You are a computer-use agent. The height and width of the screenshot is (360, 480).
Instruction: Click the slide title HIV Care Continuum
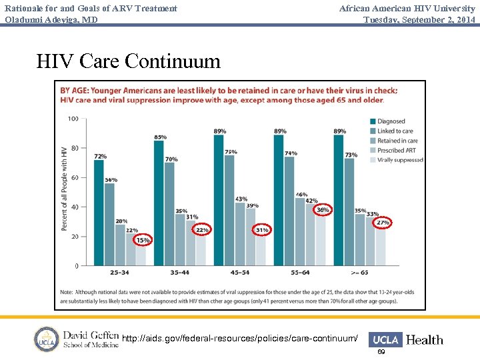[128, 61]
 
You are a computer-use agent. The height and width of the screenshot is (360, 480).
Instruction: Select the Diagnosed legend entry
[391, 121]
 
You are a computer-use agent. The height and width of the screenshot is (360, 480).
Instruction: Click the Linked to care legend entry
[395, 131]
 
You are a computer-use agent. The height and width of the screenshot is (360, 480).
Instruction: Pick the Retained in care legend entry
[397, 141]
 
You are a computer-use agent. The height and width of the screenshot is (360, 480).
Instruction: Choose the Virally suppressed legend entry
[399, 160]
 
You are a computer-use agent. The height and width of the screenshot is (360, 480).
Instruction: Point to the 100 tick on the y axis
[73, 119]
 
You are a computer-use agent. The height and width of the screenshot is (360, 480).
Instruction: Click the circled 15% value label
[143, 240]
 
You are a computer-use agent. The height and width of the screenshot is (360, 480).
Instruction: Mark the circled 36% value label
[323, 210]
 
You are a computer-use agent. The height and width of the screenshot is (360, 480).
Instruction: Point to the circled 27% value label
[383, 222]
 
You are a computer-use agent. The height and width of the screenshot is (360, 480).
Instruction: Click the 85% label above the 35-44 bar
[160, 137]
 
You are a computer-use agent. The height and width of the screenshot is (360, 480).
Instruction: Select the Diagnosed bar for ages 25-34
[99, 213]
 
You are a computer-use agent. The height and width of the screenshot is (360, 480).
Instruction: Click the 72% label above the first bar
[100, 156]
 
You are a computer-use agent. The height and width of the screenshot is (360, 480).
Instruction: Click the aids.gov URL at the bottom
[240, 339]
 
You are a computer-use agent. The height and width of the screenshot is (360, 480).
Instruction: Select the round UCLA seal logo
[47, 339]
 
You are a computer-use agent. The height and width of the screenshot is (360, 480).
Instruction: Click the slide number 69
[381, 352]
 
